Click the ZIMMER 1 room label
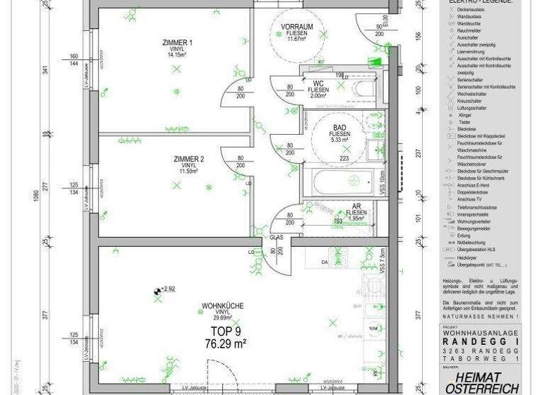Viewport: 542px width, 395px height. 177,42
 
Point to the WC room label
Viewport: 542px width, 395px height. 318,83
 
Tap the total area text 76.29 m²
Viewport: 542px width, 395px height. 224,344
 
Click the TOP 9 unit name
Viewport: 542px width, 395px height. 226,330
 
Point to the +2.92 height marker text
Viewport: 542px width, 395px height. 168,288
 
